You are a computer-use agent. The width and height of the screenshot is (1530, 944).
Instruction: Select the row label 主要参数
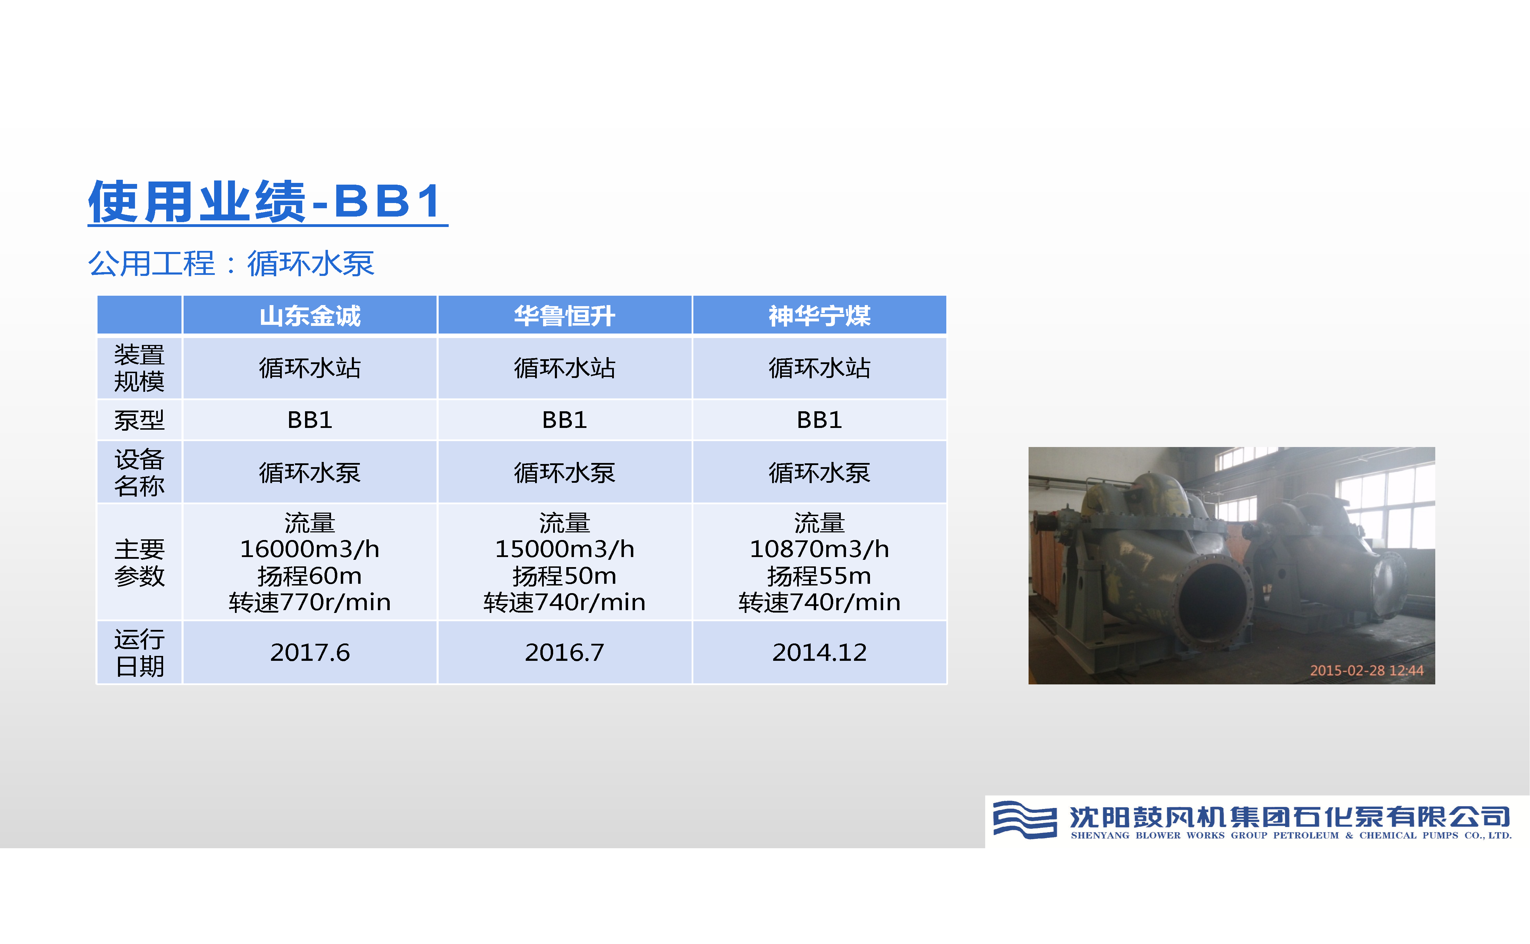click(139, 563)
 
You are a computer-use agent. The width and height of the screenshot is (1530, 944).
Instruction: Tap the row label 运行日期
click(139, 652)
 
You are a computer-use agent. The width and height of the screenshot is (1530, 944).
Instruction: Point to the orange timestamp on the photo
click(1367, 671)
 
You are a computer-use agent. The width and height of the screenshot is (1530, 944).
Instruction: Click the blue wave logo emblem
click(1024, 819)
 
